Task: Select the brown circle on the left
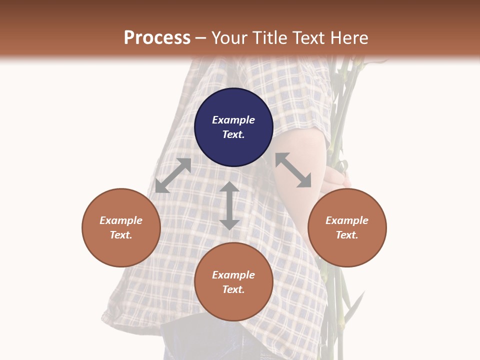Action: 121,227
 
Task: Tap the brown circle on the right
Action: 347,227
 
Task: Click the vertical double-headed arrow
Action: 229,205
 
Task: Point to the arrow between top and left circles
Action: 173,175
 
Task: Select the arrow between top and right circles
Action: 293,170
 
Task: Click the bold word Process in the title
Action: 157,38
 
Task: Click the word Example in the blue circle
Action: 233,120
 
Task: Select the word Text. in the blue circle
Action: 233,134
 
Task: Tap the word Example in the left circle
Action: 121,220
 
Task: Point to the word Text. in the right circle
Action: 347,235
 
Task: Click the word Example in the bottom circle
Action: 233,275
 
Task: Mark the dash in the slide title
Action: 201,38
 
